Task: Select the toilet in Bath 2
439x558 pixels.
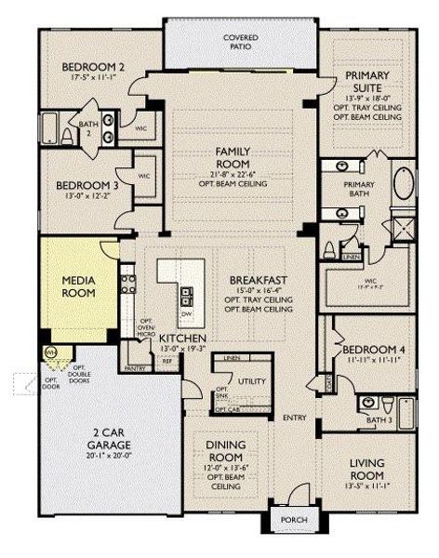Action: [x=66, y=136]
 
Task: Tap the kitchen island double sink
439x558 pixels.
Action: [x=187, y=298]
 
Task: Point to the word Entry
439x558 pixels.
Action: [x=295, y=417]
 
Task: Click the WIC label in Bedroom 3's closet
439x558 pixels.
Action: [x=144, y=174]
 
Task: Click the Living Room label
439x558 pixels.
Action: [x=366, y=469]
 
